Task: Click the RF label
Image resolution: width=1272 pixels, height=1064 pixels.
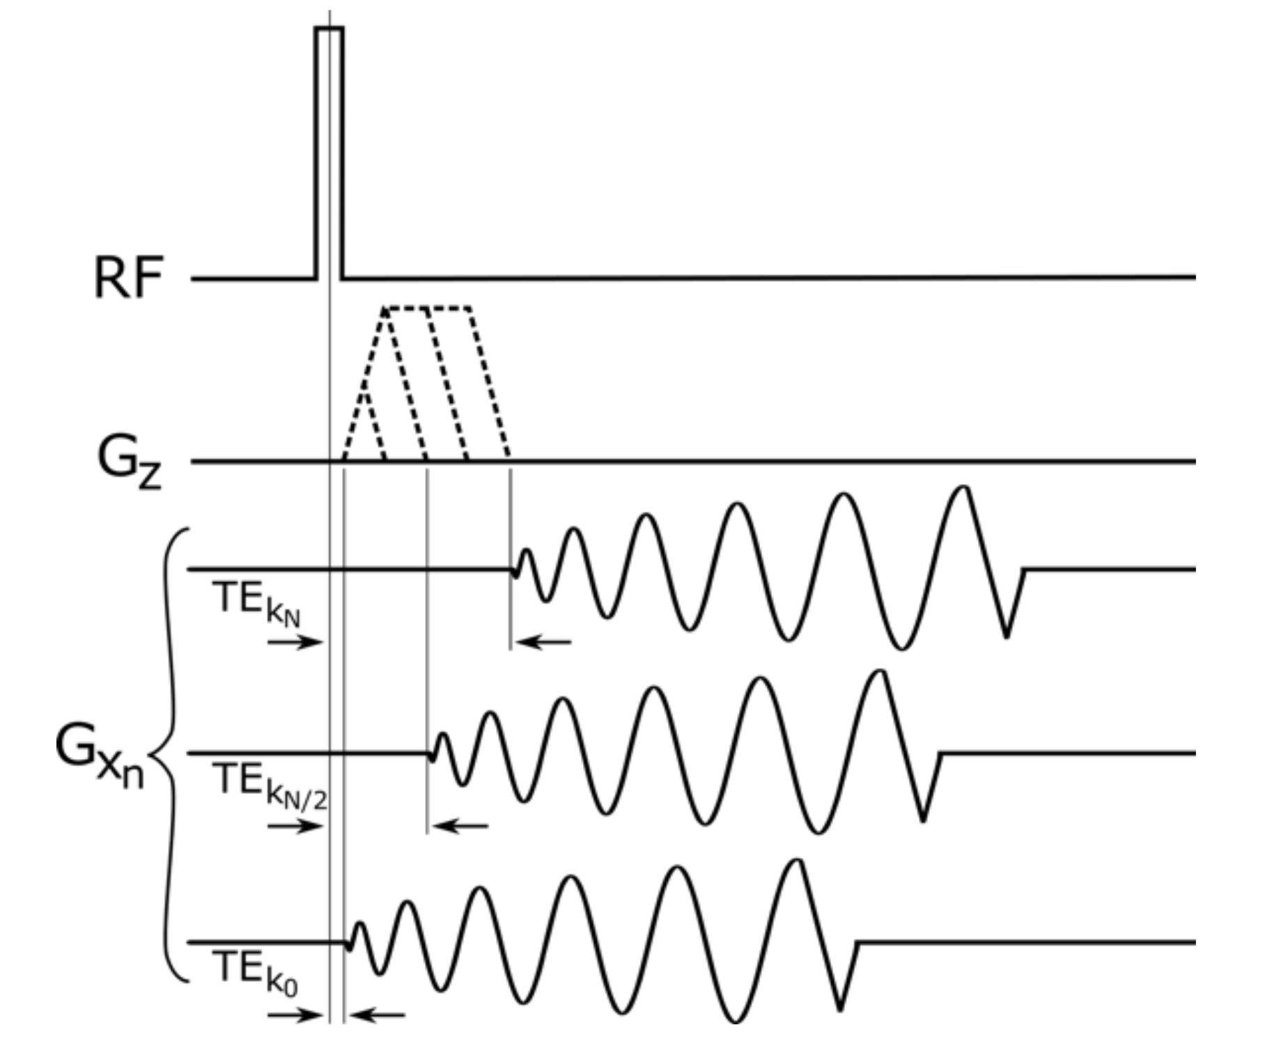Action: click(x=128, y=278)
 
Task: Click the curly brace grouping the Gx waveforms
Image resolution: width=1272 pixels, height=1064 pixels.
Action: click(x=169, y=755)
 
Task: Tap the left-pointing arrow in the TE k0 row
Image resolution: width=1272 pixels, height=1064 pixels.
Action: click(x=377, y=1015)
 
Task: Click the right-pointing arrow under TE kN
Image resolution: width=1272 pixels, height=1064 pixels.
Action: click(x=295, y=642)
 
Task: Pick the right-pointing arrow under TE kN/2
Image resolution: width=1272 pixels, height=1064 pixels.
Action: click(x=295, y=827)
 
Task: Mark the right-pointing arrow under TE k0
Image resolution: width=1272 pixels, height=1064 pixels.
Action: click(x=295, y=1015)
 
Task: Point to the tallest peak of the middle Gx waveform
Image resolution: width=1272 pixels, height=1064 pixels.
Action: click(x=881, y=673)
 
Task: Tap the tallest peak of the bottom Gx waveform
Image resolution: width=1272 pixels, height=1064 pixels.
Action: click(x=798, y=862)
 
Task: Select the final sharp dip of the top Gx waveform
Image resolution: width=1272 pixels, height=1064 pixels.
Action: click(x=1007, y=635)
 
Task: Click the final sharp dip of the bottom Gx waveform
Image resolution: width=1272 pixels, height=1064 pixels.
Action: click(x=841, y=1008)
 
